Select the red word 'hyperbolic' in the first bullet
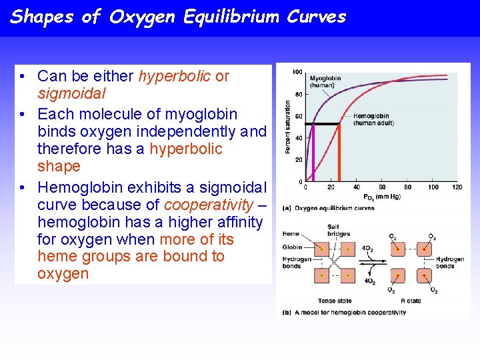175,76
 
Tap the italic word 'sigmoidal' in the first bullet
71,94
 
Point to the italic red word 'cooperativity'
208,204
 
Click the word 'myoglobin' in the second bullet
204,114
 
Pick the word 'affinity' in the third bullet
238,221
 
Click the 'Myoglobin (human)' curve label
325,81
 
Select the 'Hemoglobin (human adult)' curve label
373,119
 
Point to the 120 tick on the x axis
457,187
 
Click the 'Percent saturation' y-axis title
287,127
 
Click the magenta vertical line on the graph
313,153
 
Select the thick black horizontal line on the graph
317,124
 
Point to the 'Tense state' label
335,301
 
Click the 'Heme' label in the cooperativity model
291,235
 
